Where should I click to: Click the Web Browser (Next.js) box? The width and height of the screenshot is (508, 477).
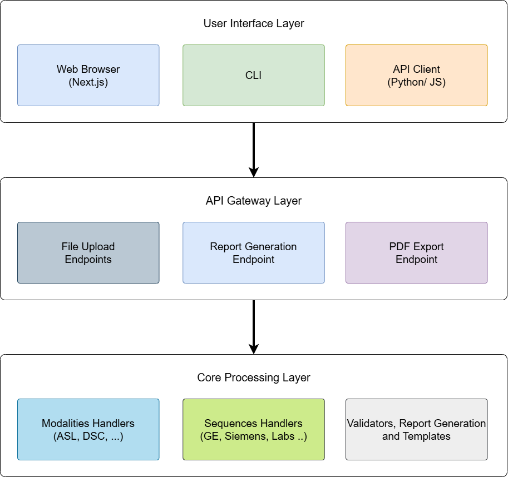pos(88,75)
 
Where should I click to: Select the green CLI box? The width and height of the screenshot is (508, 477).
pos(253,75)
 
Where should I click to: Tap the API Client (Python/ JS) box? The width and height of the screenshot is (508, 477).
pos(416,75)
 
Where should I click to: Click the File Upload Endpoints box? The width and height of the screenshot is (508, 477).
pos(88,252)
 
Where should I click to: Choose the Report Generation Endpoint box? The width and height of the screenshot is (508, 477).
pos(253,252)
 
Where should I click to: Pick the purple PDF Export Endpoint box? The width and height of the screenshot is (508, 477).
pos(416,252)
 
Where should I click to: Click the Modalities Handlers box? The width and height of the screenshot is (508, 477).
pos(88,429)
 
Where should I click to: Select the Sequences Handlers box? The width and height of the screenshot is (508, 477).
pos(253,429)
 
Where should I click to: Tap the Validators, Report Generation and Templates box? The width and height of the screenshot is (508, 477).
pos(416,429)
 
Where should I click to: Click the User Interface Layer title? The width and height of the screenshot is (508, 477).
pos(254,24)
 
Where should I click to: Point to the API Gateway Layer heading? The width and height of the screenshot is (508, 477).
pos(254,201)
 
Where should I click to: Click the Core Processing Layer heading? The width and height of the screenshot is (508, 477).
pos(254,378)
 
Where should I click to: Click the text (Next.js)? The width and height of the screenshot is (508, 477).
pos(88,82)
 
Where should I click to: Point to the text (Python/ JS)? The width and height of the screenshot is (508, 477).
pos(416,82)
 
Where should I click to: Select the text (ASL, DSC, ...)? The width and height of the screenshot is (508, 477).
pos(88,436)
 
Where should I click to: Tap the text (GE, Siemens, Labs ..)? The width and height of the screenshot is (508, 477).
pos(253,436)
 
